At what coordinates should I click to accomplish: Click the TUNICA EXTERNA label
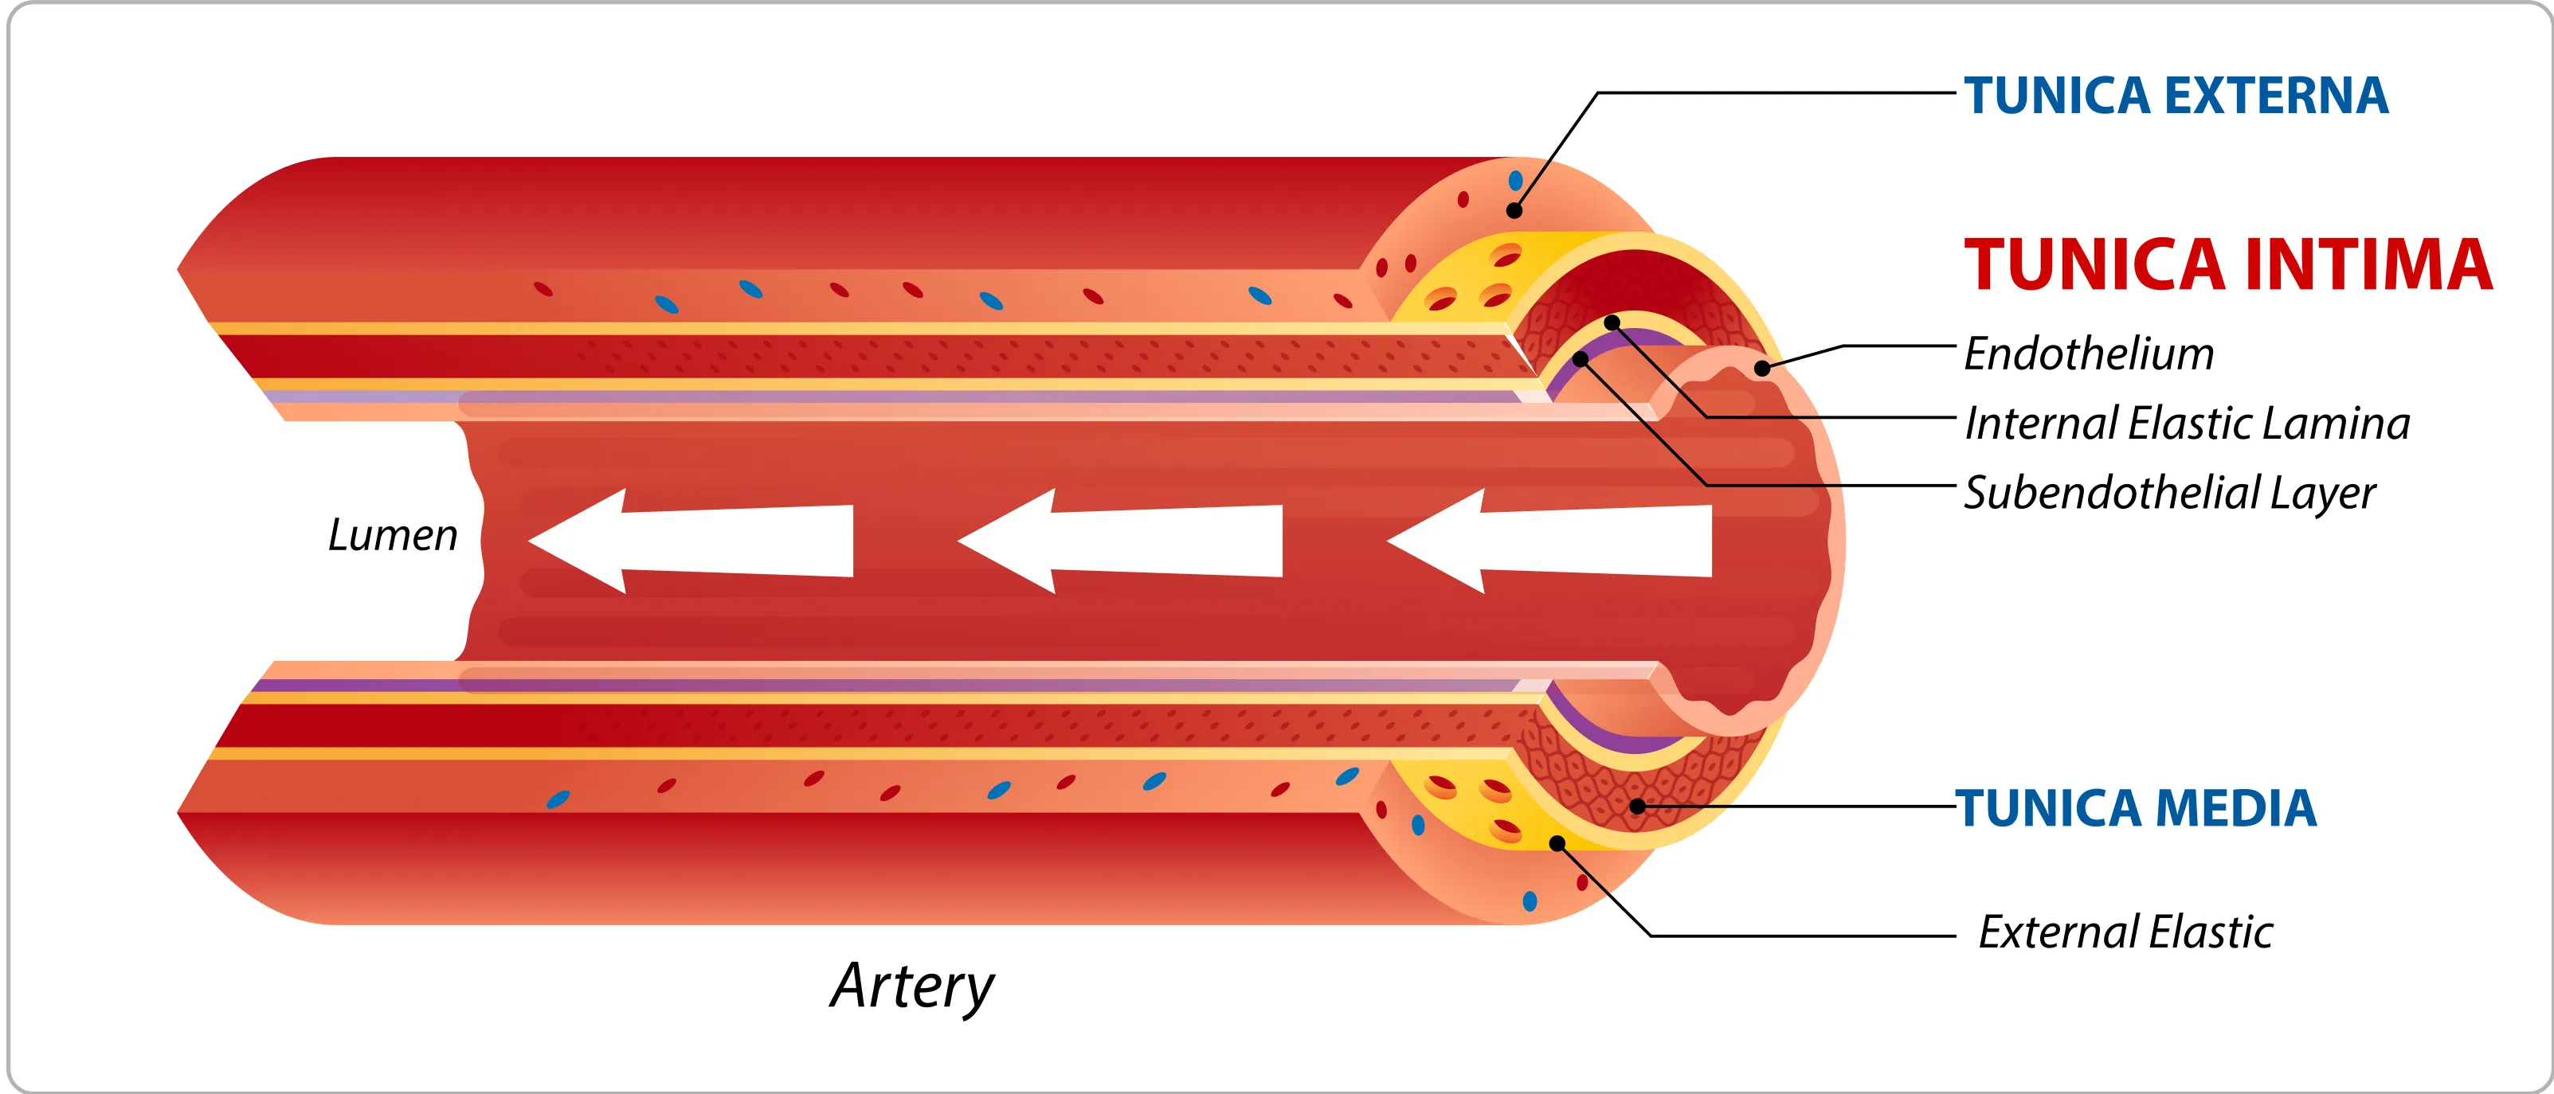click(x=2176, y=96)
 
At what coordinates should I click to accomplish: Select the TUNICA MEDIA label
click(x=2136, y=807)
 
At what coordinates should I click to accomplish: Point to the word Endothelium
click(x=2088, y=354)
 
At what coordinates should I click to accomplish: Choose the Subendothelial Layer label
click(x=2169, y=493)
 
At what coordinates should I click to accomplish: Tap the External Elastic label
click(x=2125, y=932)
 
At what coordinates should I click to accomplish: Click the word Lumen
click(x=393, y=535)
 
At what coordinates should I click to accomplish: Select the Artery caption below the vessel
click(x=911, y=986)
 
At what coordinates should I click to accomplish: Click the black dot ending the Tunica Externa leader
click(x=1514, y=210)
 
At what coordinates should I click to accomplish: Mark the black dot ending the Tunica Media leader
click(x=1638, y=807)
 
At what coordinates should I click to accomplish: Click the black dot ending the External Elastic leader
click(x=1557, y=844)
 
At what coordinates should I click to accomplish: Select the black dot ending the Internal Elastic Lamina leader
click(x=1612, y=323)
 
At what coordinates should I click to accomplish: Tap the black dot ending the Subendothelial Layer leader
click(x=1581, y=359)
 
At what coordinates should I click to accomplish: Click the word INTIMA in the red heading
click(x=2367, y=266)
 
